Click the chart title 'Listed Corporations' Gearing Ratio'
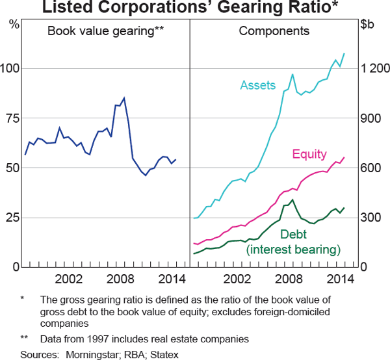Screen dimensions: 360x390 click(x=194, y=8)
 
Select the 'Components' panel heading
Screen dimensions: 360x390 click(x=274, y=31)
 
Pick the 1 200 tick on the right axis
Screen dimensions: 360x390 click(x=374, y=68)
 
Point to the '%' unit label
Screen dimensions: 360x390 click(x=14, y=25)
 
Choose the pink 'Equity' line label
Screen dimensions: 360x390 click(x=308, y=154)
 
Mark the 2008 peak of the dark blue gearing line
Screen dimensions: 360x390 click(x=124, y=97)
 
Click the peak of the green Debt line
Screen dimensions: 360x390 click(x=292, y=199)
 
